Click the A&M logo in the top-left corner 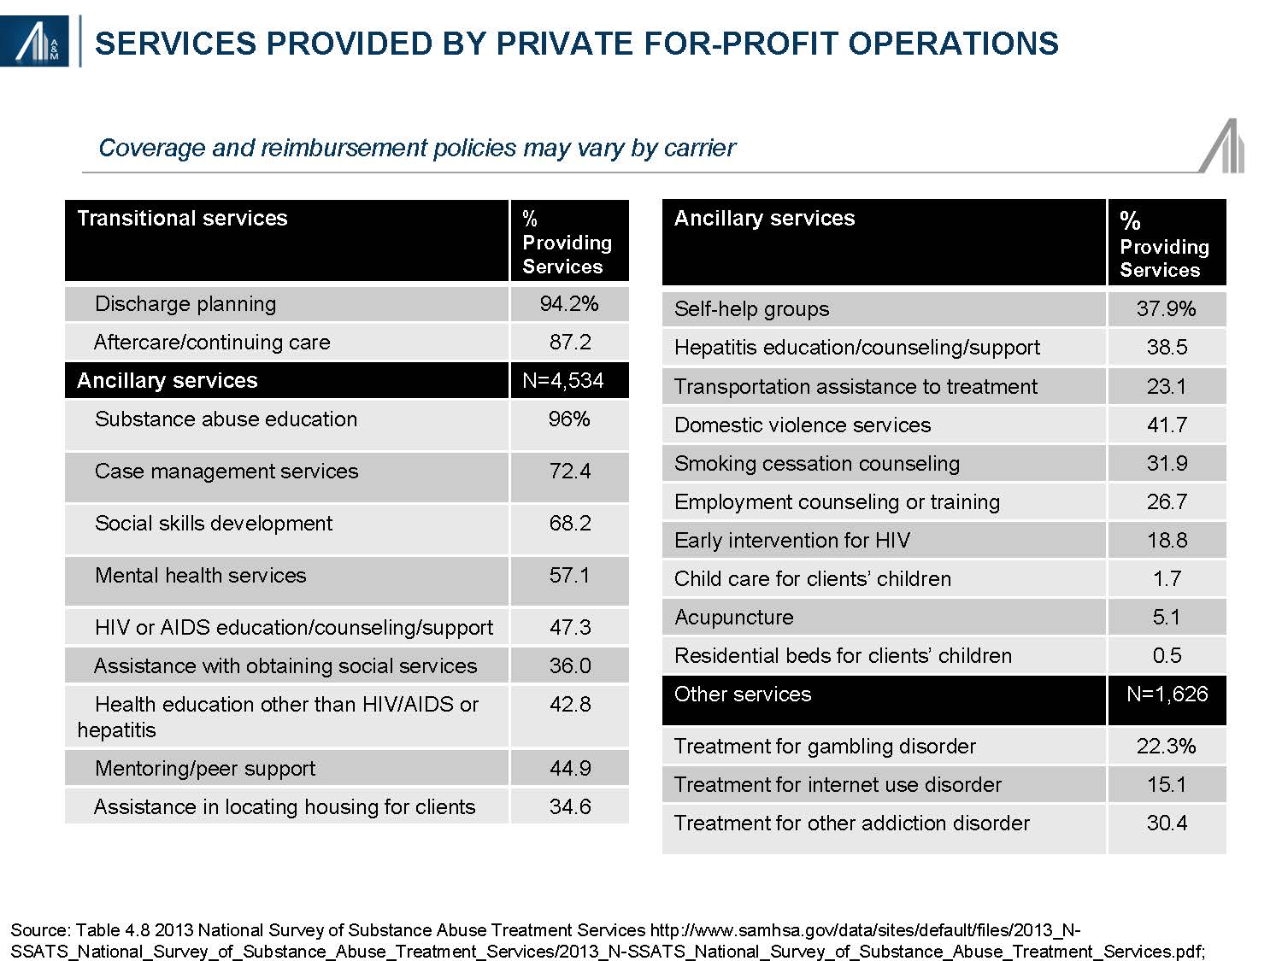(34, 41)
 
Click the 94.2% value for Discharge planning (569, 303)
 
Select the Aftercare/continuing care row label (212, 342)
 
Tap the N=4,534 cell (563, 380)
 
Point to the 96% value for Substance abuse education (569, 419)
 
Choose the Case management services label (226, 471)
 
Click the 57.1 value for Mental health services (569, 575)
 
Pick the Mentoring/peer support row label (205, 769)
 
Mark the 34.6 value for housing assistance (570, 806)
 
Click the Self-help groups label (751, 308)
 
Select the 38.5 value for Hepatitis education (1167, 347)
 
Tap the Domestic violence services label (803, 425)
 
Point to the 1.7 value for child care (1167, 579)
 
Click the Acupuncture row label (734, 618)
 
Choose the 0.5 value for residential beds (1167, 656)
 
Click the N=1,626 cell (1167, 694)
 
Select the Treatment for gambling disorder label (825, 747)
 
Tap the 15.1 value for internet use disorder (1167, 784)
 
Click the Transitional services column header (182, 218)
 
